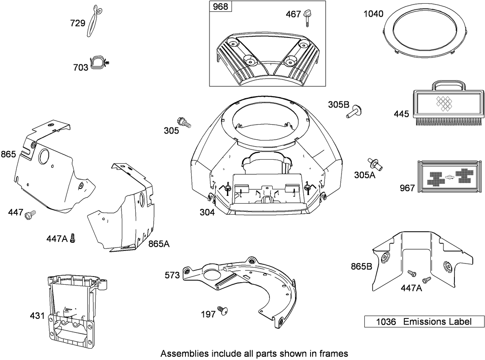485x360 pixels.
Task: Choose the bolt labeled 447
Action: [30, 213]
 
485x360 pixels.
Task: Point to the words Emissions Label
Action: [437, 322]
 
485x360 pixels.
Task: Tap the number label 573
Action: [172, 275]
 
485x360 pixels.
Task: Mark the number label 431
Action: [37, 316]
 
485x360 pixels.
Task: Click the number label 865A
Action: [159, 244]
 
